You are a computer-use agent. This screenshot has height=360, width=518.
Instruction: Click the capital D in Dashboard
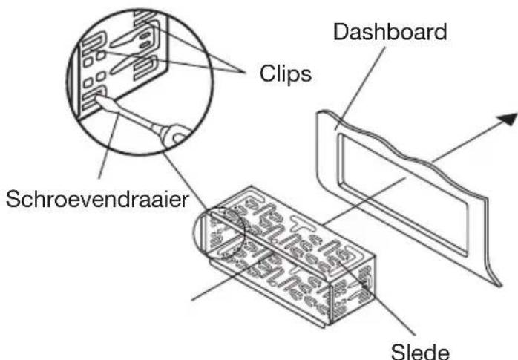[340, 33]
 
